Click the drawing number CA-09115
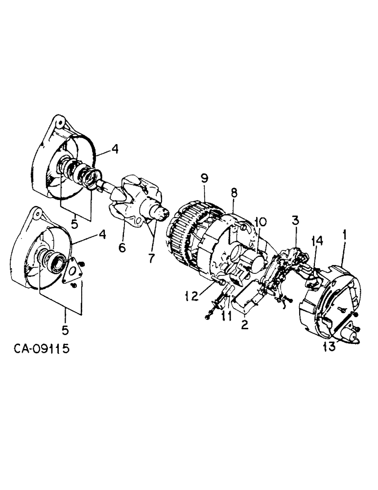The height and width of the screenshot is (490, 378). tap(42, 349)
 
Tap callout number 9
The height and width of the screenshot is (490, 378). tap(205, 179)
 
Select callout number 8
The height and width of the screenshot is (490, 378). tap(234, 193)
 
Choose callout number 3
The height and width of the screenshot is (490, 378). tap(295, 220)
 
